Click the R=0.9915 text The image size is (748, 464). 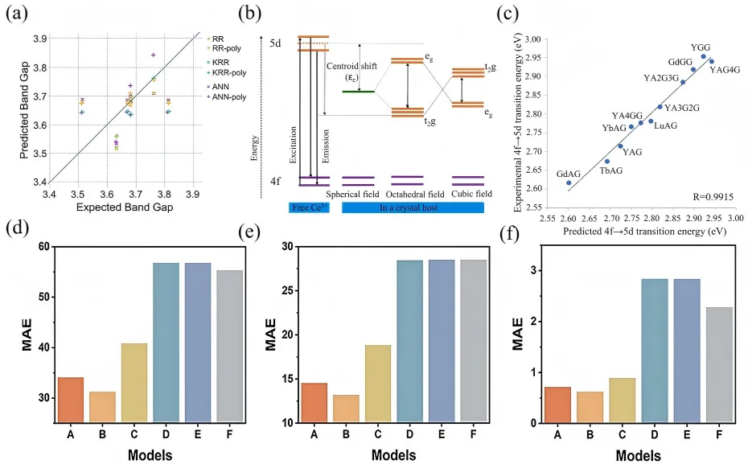tap(709, 195)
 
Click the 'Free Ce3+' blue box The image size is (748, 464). tap(308, 207)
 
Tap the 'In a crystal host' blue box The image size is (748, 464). tap(413, 207)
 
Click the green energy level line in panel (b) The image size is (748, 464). tap(356, 91)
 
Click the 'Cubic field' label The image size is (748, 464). tap(467, 194)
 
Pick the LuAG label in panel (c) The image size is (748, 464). tap(666, 125)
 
